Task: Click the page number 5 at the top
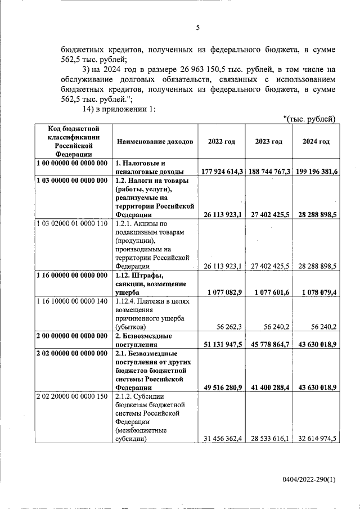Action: coord(197,28)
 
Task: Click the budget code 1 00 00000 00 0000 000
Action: coord(71,163)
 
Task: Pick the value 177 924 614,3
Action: coord(222,172)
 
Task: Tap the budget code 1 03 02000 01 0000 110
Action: coord(71,224)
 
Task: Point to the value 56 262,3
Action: coord(229,327)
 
